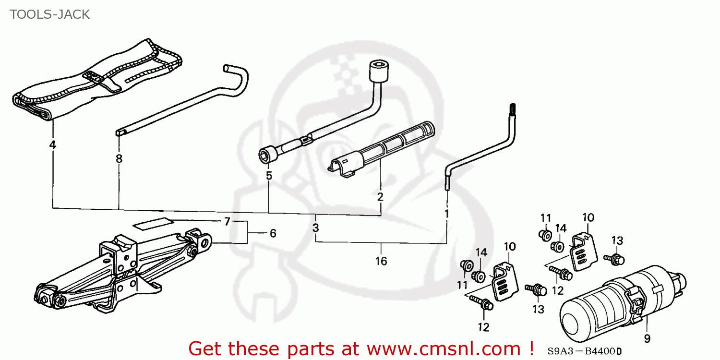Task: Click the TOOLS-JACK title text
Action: pyautogui.click(x=49, y=14)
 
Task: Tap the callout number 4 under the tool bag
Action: pyautogui.click(x=52, y=144)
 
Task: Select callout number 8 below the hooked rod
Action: pyautogui.click(x=119, y=158)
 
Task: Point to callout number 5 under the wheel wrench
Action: pyautogui.click(x=269, y=176)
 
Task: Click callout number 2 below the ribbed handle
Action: pyautogui.click(x=380, y=196)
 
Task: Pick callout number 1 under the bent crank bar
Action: pyautogui.click(x=446, y=213)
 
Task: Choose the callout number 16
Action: pyautogui.click(x=382, y=261)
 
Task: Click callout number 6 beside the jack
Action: pyautogui.click(x=273, y=233)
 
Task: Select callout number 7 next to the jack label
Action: pyautogui.click(x=227, y=221)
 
